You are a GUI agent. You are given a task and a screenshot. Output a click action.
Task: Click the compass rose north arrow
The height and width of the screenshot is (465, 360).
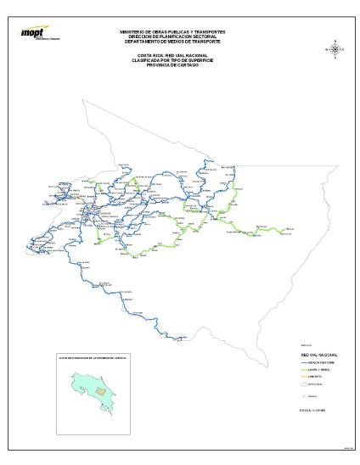tap(335, 48)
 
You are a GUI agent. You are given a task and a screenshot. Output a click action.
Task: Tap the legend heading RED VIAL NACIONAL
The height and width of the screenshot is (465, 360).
tap(313, 354)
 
